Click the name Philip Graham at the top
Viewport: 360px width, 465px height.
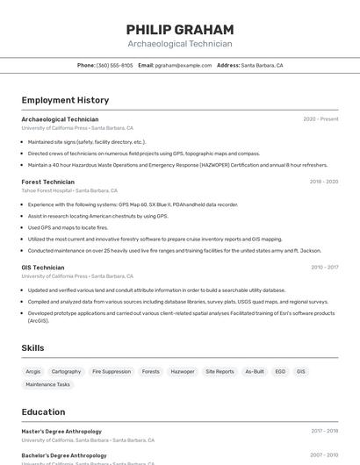coord(179,29)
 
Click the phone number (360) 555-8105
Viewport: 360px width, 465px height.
coord(115,65)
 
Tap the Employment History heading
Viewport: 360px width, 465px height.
coord(65,100)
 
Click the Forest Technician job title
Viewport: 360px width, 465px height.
coord(48,182)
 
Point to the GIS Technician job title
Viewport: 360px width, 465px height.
coord(43,268)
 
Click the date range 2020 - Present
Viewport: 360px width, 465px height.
coord(320,119)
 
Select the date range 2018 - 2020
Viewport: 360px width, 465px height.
coord(323,182)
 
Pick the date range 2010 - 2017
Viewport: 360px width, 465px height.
coord(324,268)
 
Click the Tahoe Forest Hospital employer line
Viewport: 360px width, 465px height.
coord(69,190)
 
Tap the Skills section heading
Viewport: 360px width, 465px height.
coord(32,348)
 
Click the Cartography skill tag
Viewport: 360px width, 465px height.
coord(66,371)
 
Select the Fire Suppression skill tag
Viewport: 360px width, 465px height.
coord(112,371)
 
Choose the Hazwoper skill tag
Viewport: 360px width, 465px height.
coord(183,371)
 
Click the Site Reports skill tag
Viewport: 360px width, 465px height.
coord(220,371)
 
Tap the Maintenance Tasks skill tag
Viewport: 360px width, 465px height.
coord(48,384)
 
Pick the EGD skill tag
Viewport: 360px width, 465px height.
coord(280,371)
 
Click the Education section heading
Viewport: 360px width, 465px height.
coord(43,412)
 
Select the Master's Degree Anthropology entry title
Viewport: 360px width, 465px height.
coord(61,432)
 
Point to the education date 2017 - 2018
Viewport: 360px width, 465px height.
coord(324,432)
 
